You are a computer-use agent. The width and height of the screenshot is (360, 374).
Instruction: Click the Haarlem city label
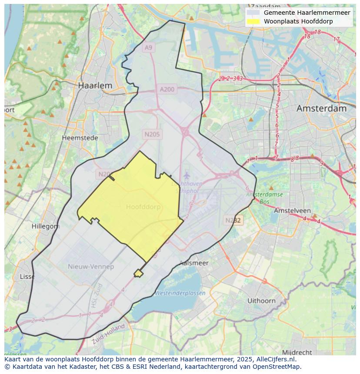tap(95, 86)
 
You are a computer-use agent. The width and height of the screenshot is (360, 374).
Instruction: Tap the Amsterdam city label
tap(321, 109)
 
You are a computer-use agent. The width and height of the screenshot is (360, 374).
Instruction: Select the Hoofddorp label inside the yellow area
tap(143, 207)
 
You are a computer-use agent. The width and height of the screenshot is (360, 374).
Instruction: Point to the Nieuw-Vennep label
tap(91, 266)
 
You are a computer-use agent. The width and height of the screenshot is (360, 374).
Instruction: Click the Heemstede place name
tap(80, 138)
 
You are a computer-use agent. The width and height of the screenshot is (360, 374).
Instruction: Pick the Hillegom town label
tap(46, 226)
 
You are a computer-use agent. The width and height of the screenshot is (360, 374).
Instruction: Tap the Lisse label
tap(27, 277)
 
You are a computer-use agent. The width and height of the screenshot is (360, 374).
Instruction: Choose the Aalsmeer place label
tap(194, 263)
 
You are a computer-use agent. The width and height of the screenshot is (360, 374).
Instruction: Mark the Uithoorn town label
tap(261, 301)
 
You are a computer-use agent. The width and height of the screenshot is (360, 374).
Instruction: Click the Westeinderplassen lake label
tap(180, 293)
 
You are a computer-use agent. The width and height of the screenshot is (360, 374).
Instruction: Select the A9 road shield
tap(149, 47)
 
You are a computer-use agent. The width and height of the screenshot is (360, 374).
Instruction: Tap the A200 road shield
tap(167, 89)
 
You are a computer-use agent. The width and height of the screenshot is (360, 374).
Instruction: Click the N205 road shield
tap(152, 134)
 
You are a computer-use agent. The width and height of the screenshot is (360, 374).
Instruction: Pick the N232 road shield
tap(233, 220)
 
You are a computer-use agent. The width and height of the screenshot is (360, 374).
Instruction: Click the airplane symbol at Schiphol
tap(187, 175)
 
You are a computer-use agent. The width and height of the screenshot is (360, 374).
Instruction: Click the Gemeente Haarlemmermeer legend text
tap(307, 13)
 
